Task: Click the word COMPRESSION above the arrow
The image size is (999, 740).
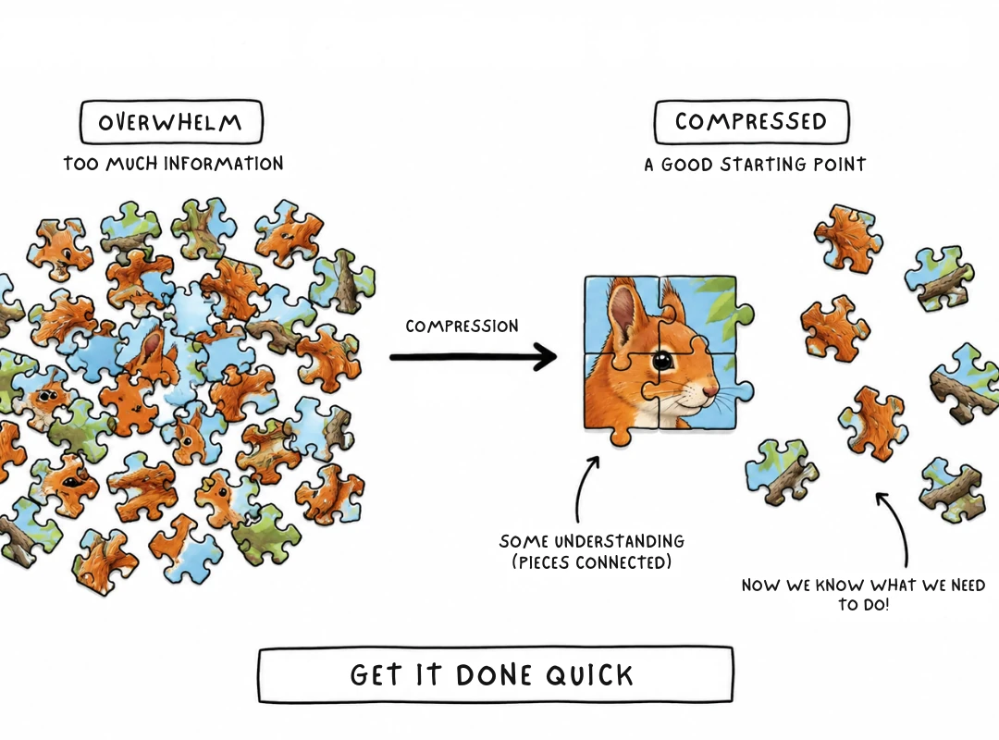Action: pos(462,327)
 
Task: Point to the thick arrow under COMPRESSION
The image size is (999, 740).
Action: pos(474,357)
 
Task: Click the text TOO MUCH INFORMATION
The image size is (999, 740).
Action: pos(173,164)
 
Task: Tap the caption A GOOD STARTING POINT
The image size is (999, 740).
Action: pos(755,165)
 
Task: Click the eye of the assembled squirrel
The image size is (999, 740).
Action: pos(662,360)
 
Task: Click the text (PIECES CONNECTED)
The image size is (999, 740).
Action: pos(592,562)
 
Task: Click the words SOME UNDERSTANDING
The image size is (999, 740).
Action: pos(592,541)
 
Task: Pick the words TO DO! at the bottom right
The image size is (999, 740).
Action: pos(863,604)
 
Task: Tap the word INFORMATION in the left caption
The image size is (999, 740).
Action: pos(223,164)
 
